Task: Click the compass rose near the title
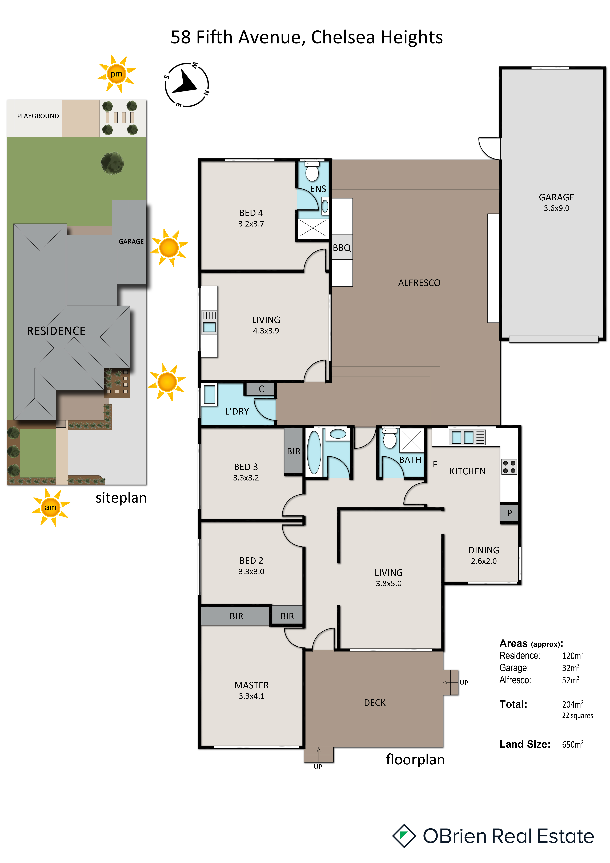coord(187,85)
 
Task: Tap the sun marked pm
coord(116,74)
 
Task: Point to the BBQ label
coord(342,248)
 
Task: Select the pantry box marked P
coord(509,513)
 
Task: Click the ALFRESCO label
coord(419,283)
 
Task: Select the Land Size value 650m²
coord(572,744)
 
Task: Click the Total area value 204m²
coord(572,704)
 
